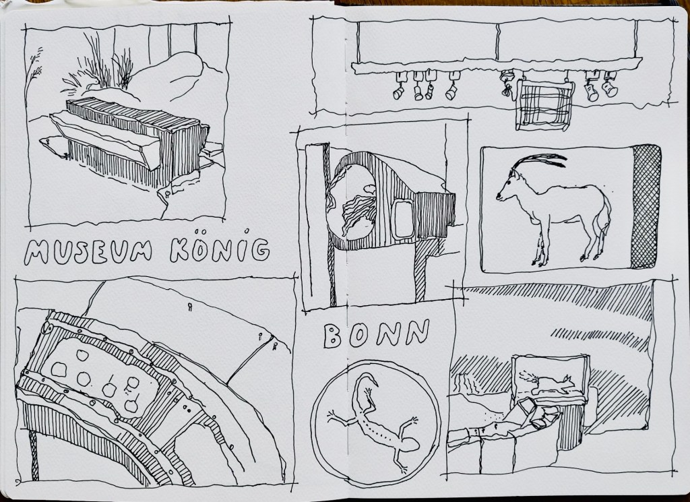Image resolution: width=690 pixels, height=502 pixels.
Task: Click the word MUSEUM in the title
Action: pyautogui.click(x=88, y=251)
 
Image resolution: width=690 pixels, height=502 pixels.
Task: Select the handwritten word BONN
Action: pyautogui.click(x=376, y=334)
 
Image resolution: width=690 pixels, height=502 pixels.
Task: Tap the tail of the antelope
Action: pyautogui.click(x=606, y=216)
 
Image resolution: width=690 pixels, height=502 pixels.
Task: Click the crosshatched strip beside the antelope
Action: pyautogui.click(x=646, y=206)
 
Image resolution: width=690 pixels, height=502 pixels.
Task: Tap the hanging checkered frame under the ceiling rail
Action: pyautogui.click(x=545, y=106)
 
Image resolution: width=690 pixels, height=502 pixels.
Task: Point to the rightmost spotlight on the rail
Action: pyautogui.click(x=610, y=85)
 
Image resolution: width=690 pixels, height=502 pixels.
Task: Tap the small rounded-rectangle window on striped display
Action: pyautogui.click(x=403, y=219)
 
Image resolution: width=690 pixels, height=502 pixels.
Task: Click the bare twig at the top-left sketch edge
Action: pyautogui.click(x=34, y=73)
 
